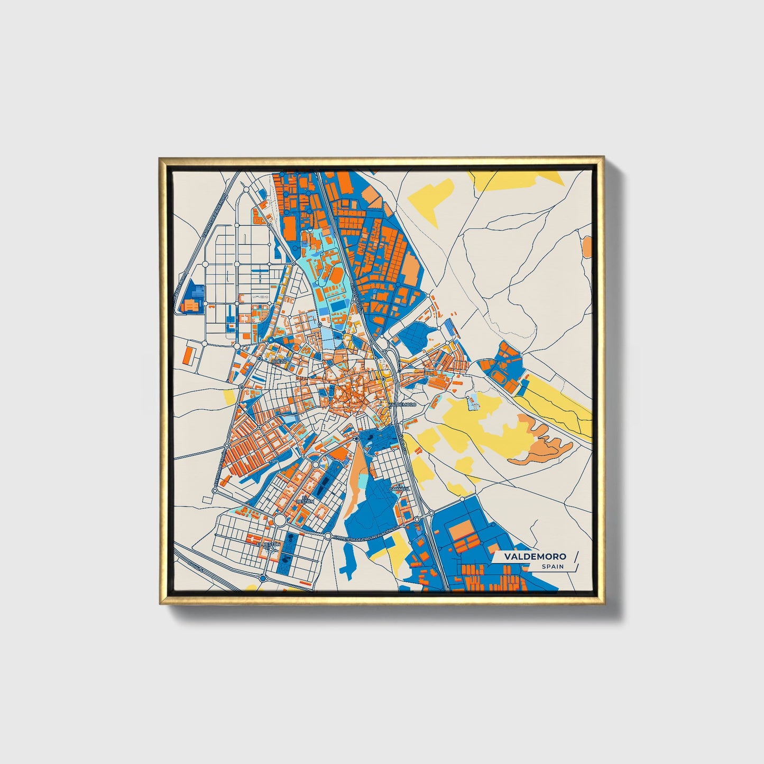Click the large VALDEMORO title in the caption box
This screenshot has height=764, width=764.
point(535,556)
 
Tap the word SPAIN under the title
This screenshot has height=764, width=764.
point(552,567)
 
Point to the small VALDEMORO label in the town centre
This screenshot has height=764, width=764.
point(403,404)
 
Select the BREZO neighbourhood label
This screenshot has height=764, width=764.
point(279,361)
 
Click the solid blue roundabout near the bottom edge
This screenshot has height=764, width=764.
point(263,579)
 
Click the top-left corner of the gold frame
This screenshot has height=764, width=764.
point(160,158)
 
